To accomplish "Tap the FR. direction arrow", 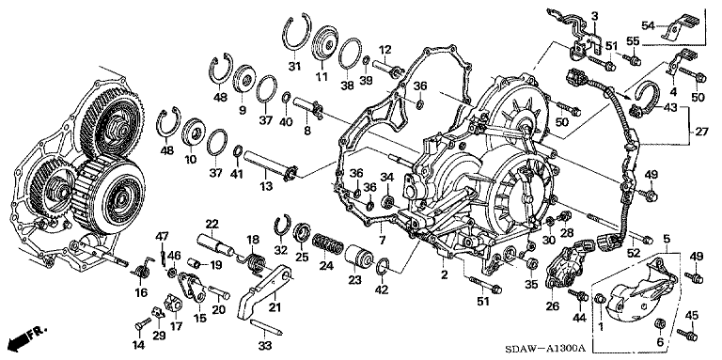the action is pyautogui.click(x=24, y=338).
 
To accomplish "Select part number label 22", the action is pyautogui.click(x=212, y=225).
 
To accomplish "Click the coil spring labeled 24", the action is pyautogui.click(x=327, y=244).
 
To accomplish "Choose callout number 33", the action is pyautogui.click(x=264, y=344).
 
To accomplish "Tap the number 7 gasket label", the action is pyautogui.click(x=382, y=240).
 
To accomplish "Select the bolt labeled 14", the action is pyautogui.click(x=143, y=324).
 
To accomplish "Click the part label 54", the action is pyautogui.click(x=649, y=25).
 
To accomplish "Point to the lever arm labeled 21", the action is pyautogui.click(x=265, y=292).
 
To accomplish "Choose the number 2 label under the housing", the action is pyautogui.click(x=445, y=275).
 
